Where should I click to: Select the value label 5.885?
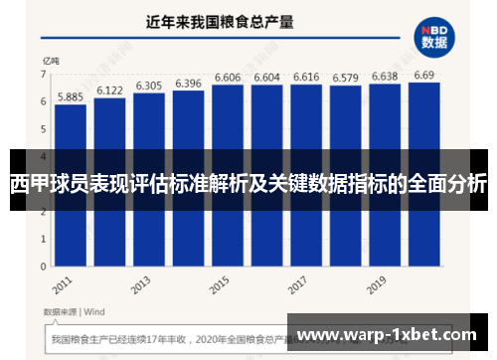tap(70, 97)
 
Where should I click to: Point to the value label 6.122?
tap(109, 90)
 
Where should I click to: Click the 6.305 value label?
tap(149, 86)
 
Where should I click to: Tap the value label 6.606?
tap(228, 78)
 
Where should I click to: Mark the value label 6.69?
tap(423, 76)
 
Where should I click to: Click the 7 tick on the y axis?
tap(44, 75)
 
